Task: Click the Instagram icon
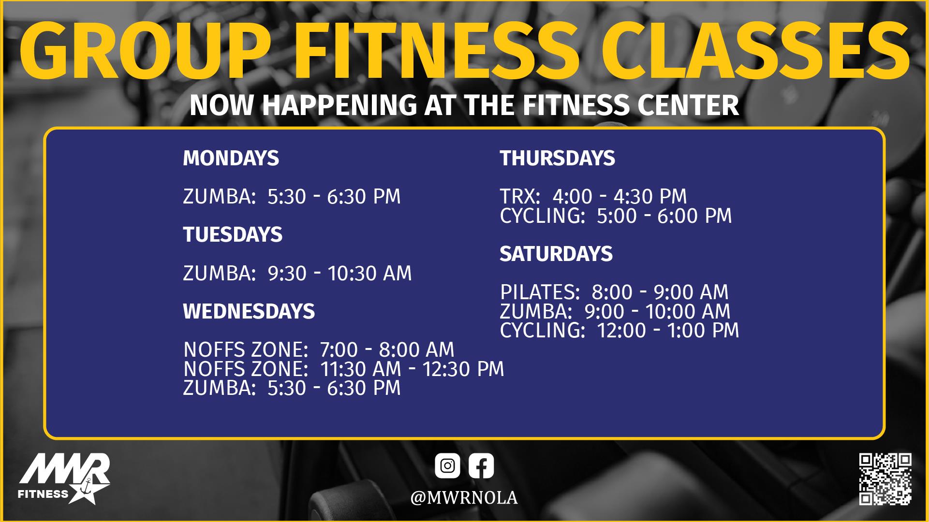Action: (x=447, y=466)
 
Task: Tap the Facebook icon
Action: (x=481, y=466)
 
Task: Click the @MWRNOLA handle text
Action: (x=464, y=498)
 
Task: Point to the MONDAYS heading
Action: (x=231, y=158)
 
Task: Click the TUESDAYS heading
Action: (x=233, y=234)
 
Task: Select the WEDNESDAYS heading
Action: (x=249, y=311)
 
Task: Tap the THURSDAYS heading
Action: (x=557, y=158)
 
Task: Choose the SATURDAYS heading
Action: (x=556, y=254)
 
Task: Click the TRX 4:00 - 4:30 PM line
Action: (x=593, y=196)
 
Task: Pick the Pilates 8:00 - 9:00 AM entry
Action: (x=614, y=292)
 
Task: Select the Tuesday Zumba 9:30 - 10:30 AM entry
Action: (x=297, y=273)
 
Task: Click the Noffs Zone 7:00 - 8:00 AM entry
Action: (x=319, y=349)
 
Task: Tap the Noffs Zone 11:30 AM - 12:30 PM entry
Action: (x=343, y=369)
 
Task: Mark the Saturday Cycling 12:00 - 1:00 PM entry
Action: (x=619, y=331)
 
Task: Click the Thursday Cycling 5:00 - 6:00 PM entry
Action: (x=616, y=216)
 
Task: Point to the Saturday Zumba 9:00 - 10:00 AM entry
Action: (x=615, y=311)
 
